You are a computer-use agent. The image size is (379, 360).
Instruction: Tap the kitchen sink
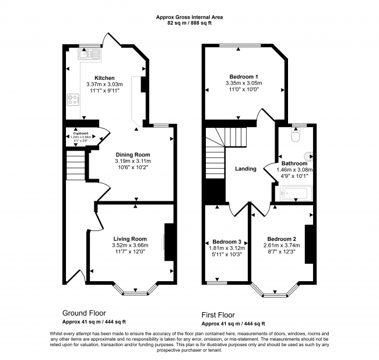[92, 55]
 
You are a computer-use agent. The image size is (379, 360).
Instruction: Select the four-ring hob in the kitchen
[74, 100]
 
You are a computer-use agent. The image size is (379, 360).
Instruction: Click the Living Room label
[129, 239]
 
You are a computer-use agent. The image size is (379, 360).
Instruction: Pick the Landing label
[245, 169]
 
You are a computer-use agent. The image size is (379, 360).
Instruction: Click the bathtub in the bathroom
[294, 194]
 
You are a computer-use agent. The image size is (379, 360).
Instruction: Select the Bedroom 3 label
[227, 242]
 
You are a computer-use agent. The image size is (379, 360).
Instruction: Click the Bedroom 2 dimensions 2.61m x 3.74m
[282, 246]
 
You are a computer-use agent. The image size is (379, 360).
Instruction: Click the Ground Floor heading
[84, 313]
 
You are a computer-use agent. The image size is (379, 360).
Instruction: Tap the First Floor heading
[223, 314]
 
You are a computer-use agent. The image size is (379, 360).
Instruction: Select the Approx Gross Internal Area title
[189, 18]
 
